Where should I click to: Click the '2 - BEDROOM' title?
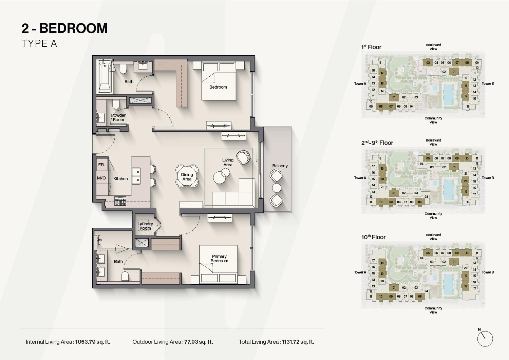(64, 28)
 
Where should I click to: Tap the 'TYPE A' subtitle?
(39, 44)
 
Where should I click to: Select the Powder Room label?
(118, 117)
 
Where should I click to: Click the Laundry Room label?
(145, 226)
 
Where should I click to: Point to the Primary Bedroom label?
(219, 259)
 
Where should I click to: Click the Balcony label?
(280, 166)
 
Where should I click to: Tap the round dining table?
(187, 176)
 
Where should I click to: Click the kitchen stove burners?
(120, 202)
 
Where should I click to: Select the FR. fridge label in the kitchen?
(101, 165)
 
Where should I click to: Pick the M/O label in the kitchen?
(101, 178)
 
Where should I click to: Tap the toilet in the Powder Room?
(116, 103)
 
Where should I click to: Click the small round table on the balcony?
(277, 188)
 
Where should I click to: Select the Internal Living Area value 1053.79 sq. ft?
(93, 342)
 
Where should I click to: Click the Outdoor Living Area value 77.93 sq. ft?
(199, 342)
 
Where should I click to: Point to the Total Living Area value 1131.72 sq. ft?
(298, 342)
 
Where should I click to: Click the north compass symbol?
(485, 339)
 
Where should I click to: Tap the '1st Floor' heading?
(371, 47)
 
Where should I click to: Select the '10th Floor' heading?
(373, 237)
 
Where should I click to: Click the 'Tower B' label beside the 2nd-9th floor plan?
(488, 178)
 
